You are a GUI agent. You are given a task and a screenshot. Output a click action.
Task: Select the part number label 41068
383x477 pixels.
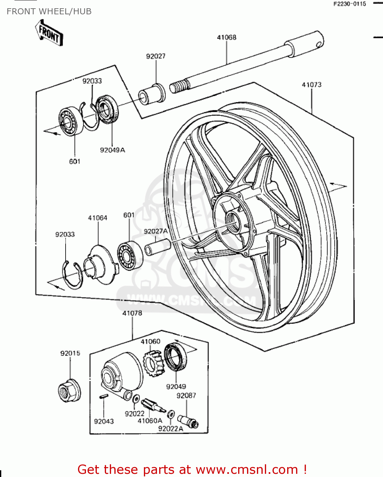click(227, 38)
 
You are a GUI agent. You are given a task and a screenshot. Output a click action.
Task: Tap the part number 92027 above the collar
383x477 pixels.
click(156, 56)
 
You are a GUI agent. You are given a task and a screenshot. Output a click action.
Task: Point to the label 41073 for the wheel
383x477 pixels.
click(312, 85)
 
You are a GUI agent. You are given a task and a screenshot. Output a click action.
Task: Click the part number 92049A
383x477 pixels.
click(112, 150)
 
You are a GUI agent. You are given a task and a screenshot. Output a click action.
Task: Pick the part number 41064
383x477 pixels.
click(98, 218)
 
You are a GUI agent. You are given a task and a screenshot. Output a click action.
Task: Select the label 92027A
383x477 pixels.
click(156, 231)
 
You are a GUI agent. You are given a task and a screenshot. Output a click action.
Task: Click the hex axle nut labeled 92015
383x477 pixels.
click(69, 391)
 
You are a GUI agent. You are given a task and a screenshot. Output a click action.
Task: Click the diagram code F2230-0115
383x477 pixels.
click(350, 4)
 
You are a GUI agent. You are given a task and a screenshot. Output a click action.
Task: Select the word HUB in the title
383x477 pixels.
click(82, 11)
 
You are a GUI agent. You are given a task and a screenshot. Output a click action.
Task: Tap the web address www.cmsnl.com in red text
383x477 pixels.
click(247, 469)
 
